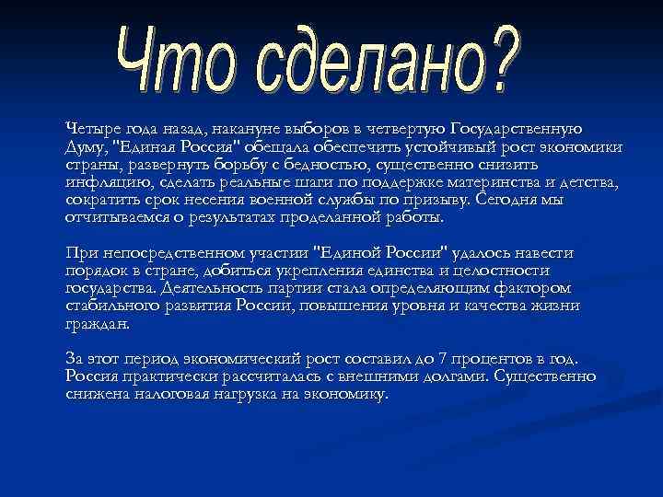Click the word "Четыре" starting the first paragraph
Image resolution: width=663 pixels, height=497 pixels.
[x=90, y=128]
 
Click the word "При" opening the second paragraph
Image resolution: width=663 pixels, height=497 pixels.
[x=78, y=253]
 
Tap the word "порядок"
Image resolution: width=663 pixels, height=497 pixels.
[x=94, y=271]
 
